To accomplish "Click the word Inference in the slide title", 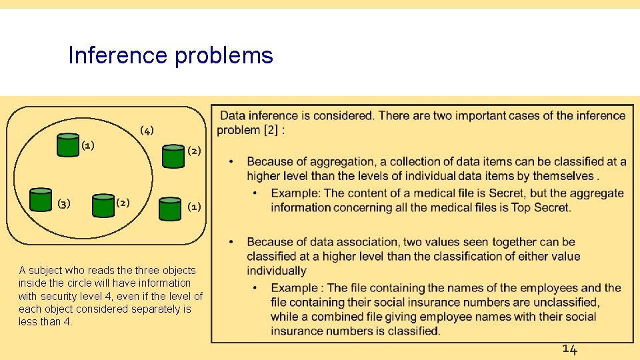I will point(117,55).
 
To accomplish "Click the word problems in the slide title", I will point(223,56).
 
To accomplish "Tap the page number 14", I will point(569,349).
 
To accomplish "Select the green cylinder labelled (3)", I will point(41,200).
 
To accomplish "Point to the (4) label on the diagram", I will point(146,129).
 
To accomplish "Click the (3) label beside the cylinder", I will point(64,204).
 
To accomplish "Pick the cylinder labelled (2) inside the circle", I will point(103,205).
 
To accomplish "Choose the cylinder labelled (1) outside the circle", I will point(170,208).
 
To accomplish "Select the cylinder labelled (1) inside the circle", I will point(67,145).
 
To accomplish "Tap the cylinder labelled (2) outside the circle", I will point(173,155).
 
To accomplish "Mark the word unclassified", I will point(567,303).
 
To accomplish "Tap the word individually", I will point(276,271).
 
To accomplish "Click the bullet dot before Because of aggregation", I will point(231,162).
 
